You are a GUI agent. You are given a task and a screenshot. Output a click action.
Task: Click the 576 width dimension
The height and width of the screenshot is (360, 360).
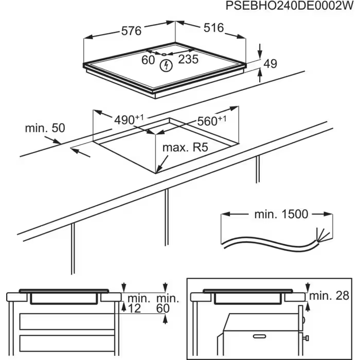click(x=131, y=31)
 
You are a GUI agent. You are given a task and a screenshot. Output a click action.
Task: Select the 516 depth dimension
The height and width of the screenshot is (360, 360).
click(x=213, y=28)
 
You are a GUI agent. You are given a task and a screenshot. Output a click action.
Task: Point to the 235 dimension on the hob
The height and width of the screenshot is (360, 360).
click(x=188, y=60)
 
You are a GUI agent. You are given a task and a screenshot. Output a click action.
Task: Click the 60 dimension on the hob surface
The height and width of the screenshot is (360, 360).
click(x=148, y=60)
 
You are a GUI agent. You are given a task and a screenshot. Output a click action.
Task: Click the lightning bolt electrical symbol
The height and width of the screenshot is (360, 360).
click(x=166, y=65)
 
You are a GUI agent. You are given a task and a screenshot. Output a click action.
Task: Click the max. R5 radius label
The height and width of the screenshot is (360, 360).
click(x=185, y=148)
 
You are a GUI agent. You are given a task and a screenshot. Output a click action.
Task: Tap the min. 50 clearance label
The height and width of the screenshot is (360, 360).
click(x=45, y=128)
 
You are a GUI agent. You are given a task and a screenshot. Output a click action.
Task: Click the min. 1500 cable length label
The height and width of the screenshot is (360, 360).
click(x=281, y=214)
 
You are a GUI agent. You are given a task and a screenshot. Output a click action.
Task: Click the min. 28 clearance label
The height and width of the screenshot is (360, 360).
click(x=329, y=295)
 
